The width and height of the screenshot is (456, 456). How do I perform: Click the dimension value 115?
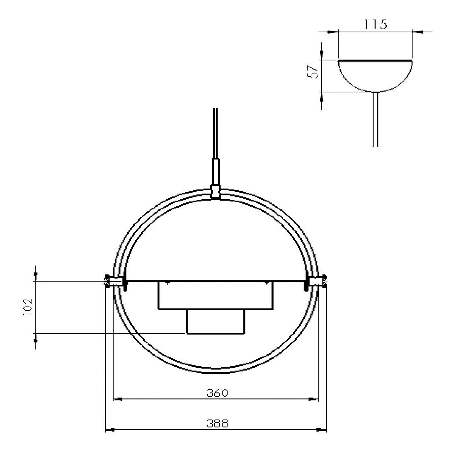tap(375, 24)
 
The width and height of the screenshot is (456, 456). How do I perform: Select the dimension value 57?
tap(315, 72)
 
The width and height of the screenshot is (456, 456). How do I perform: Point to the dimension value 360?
tap(217, 393)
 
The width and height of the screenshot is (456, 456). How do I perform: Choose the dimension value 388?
tap(217, 424)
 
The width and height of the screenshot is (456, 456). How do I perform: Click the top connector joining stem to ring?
tap(215, 192)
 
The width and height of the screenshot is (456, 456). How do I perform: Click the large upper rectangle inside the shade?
tap(216, 295)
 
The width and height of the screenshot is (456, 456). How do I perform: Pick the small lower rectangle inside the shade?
tap(216, 322)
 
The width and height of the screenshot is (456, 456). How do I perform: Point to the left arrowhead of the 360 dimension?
tap(117, 400)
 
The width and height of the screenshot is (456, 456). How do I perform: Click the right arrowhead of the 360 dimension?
tap(314, 400)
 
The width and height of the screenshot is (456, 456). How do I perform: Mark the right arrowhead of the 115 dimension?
tap(417, 31)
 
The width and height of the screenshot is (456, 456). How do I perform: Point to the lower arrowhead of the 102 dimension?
tap(36, 338)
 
